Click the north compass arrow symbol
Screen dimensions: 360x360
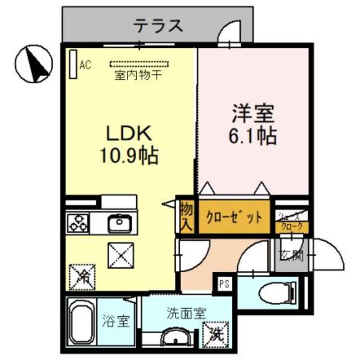click(x=35, y=64)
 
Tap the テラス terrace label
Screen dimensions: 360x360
click(x=159, y=25)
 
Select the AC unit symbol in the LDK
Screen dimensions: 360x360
click(x=73, y=65)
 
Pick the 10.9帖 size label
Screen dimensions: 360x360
click(x=129, y=154)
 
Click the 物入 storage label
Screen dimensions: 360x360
click(x=186, y=217)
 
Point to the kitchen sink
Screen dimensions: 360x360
click(x=120, y=223)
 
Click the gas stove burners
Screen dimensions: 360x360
click(x=78, y=223)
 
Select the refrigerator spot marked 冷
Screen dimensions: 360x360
click(x=82, y=276)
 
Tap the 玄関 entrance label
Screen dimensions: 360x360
click(x=291, y=255)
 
